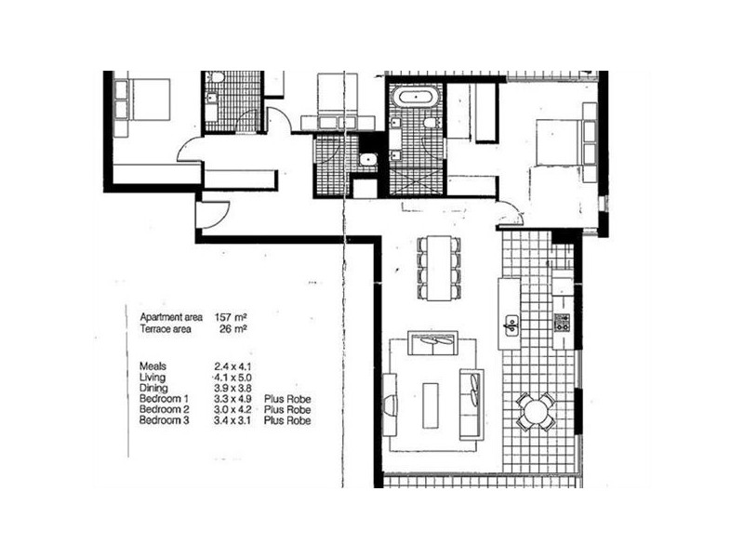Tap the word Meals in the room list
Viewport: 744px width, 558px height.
click(153, 366)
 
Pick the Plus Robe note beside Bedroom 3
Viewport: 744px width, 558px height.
click(287, 421)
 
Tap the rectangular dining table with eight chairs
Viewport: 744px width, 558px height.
click(438, 267)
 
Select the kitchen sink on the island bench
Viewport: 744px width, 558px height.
click(511, 325)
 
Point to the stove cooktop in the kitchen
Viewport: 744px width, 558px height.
click(562, 323)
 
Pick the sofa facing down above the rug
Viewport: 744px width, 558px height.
click(433, 347)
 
